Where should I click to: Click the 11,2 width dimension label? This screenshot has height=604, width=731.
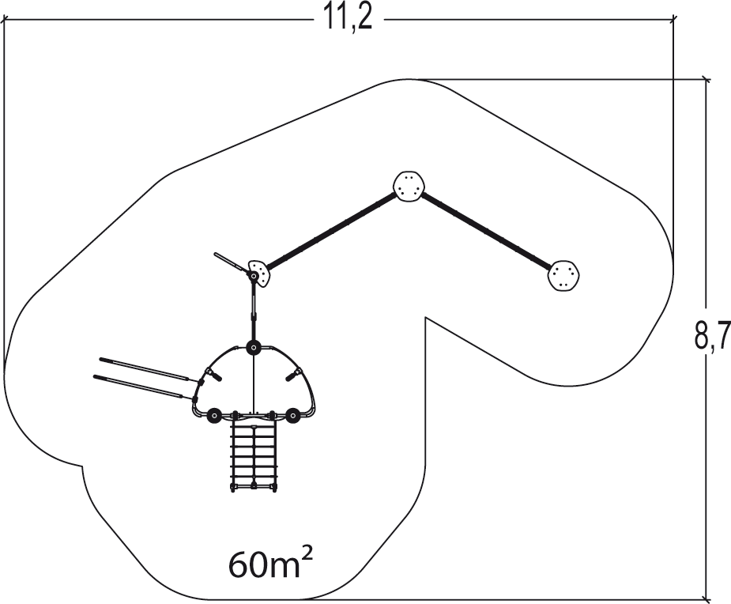point(348,20)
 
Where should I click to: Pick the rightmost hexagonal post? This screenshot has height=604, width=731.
point(563,276)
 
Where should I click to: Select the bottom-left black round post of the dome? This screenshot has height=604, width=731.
point(214,416)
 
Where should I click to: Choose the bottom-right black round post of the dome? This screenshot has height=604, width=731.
point(292,416)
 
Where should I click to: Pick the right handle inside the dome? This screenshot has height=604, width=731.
point(294,375)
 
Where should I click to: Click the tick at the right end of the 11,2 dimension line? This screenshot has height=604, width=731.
point(673,20)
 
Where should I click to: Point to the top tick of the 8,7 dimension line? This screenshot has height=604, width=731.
point(707,80)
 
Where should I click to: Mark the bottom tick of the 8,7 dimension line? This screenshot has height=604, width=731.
point(707,598)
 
